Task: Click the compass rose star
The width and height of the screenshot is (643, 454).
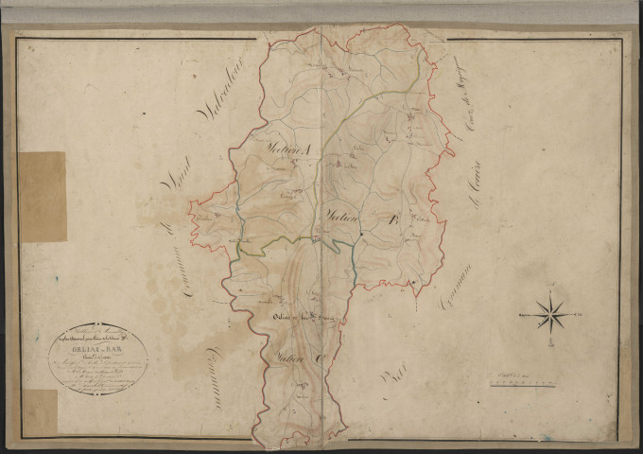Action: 549,312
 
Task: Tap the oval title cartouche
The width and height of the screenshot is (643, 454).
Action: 97,358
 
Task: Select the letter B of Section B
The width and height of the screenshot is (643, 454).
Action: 386,224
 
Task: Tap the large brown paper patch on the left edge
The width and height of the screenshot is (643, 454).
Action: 43,196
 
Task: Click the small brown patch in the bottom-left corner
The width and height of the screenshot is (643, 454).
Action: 39,412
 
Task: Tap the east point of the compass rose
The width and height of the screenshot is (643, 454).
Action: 567,312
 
